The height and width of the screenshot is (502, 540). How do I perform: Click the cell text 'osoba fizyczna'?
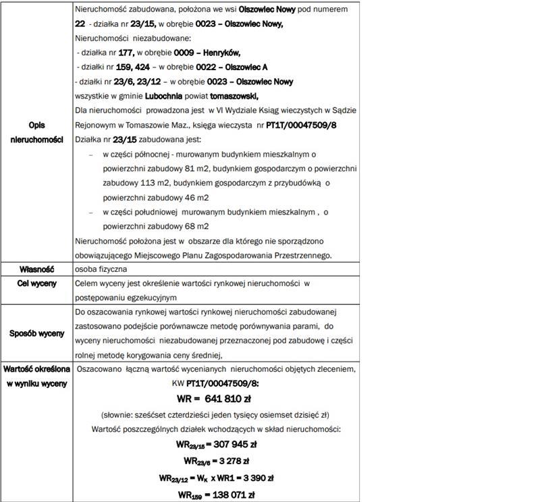point(102,269)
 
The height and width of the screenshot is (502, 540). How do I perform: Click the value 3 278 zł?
point(227,461)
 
